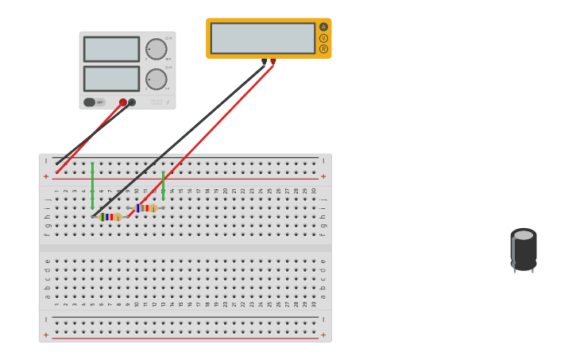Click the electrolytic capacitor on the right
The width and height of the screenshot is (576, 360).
click(523, 250)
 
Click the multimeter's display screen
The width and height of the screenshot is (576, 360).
click(263, 38)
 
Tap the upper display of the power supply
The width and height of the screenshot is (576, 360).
click(111, 49)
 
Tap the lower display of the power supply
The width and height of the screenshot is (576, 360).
click(111, 79)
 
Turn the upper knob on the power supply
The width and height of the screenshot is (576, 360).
click(157, 49)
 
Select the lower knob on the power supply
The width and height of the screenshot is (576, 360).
click(157, 79)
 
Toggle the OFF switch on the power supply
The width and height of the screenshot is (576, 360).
click(90, 103)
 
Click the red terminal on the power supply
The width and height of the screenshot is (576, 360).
click(122, 103)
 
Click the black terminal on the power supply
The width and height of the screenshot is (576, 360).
click(132, 103)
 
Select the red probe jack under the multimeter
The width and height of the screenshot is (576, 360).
click(273, 61)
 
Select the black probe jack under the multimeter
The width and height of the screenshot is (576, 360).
click(265, 61)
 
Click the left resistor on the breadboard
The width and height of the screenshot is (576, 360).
click(110, 216)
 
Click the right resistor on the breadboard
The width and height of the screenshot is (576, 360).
click(145, 207)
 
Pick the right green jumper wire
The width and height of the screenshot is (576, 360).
click(163, 185)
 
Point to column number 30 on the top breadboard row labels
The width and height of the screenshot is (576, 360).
click(314, 191)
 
